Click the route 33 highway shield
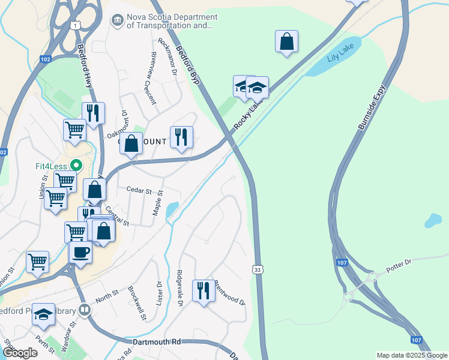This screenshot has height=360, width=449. pos(257,270)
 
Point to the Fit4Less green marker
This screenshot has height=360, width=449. pos(76,164)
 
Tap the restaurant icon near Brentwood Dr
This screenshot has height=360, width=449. pos(203,292)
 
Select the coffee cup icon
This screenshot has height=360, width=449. pos(80,253)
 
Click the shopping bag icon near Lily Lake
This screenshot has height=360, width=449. pos(287,41)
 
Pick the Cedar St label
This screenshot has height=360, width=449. pos(139,190)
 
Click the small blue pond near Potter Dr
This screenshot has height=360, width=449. pos(433,221)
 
